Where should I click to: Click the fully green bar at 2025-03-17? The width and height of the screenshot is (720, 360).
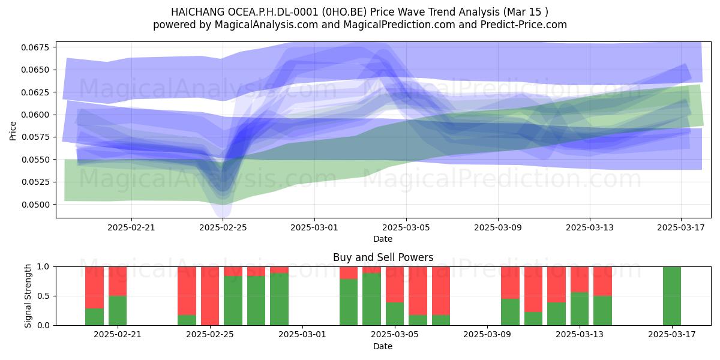pyautogui.click(x=672, y=296)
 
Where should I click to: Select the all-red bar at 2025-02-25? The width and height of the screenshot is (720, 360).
pyautogui.click(x=210, y=296)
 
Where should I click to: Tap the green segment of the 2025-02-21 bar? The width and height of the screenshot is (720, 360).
pyautogui.click(x=118, y=311)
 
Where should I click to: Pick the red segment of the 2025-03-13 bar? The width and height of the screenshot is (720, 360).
pyautogui.click(x=580, y=280)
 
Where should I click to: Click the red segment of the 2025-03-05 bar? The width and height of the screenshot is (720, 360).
pyautogui.click(x=395, y=284)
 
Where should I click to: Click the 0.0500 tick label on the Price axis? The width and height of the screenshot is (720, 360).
pyautogui.click(x=35, y=205)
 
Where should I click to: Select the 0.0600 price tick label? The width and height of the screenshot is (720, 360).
pyautogui.click(x=35, y=115)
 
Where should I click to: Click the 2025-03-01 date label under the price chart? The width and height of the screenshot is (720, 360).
pyautogui.click(x=314, y=227)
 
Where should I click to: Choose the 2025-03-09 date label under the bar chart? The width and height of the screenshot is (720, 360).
pyautogui.click(x=487, y=334)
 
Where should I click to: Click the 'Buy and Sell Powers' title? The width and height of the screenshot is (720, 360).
pyautogui.click(x=383, y=257)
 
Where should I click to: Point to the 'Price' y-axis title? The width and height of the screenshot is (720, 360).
pyautogui.click(x=13, y=131)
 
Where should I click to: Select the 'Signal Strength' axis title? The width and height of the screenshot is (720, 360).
pyautogui.click(x=28, y=296)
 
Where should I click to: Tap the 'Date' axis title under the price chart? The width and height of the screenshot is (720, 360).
pyautogui.click(x=383, y=239)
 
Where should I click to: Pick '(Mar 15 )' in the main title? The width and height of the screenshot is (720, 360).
pyautogui.click(x=526, y=12)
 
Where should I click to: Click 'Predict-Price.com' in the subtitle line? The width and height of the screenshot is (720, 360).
pyautogui.click(x=524, y=25)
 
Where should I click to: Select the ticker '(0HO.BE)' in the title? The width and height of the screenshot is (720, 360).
pyautogui.click(x=345, y=12)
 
